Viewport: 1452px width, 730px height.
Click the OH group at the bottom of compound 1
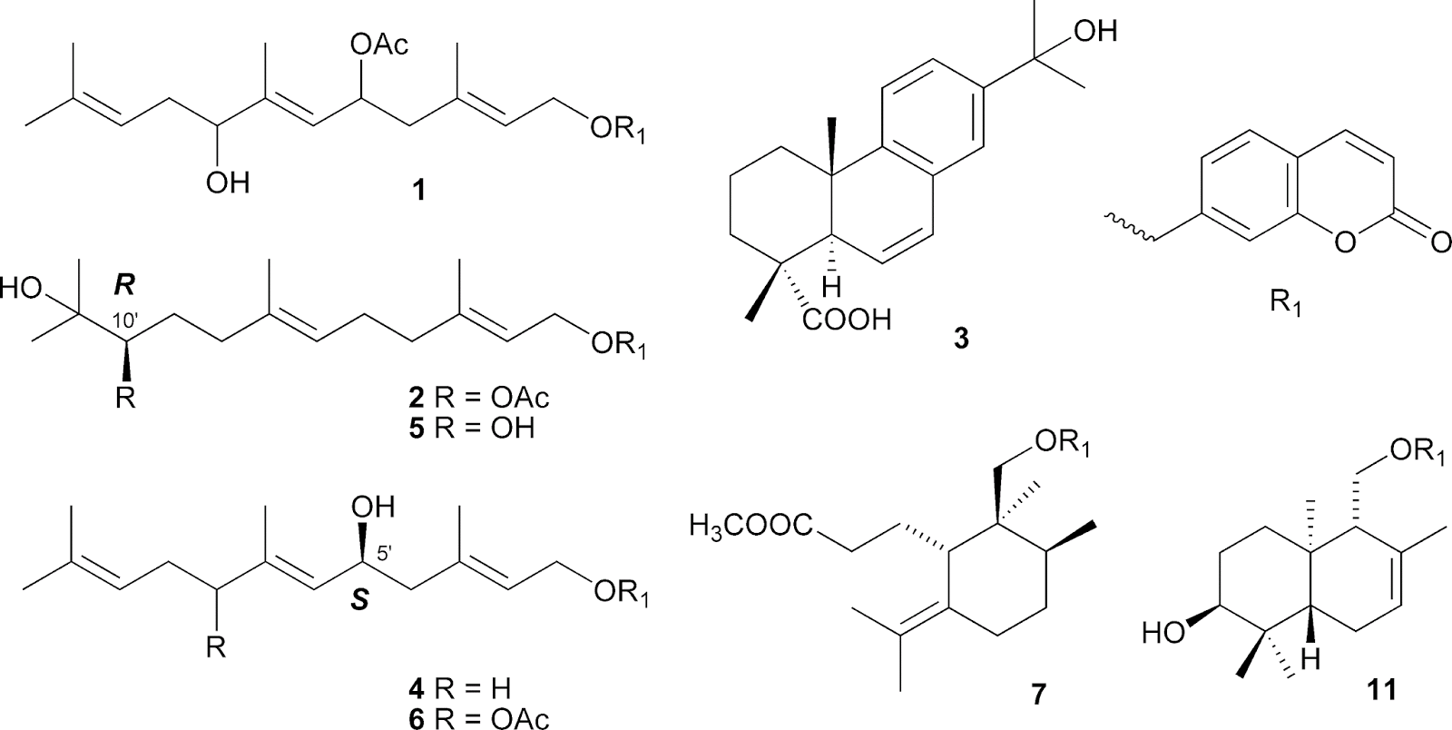[x=227, y=184]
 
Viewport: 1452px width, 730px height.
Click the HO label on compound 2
[x=22, y=291]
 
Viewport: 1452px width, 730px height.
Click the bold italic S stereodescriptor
[x=360, y=601]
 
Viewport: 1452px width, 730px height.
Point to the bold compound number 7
[x=1037, y=694]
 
